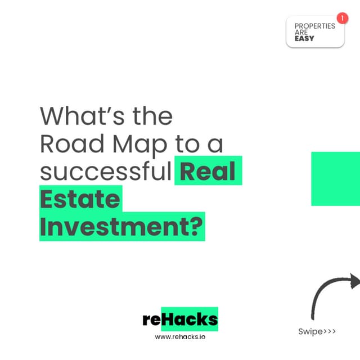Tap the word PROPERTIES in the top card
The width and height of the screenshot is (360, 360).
pos(314,26)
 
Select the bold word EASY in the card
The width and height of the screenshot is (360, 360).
pos(304,39)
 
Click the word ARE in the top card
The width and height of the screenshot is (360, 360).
pos(301,33)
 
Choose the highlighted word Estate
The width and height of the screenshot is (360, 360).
pos(80,200)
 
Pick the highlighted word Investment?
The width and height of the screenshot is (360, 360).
pos(121,227)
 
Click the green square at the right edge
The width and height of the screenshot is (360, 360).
pos(336,178)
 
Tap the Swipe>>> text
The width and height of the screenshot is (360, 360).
pos(317,331)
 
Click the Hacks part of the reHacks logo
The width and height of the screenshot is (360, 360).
pos(189,319)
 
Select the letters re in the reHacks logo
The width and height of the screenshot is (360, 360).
pos(152,319)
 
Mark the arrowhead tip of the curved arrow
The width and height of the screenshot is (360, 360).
pos(356,280)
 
